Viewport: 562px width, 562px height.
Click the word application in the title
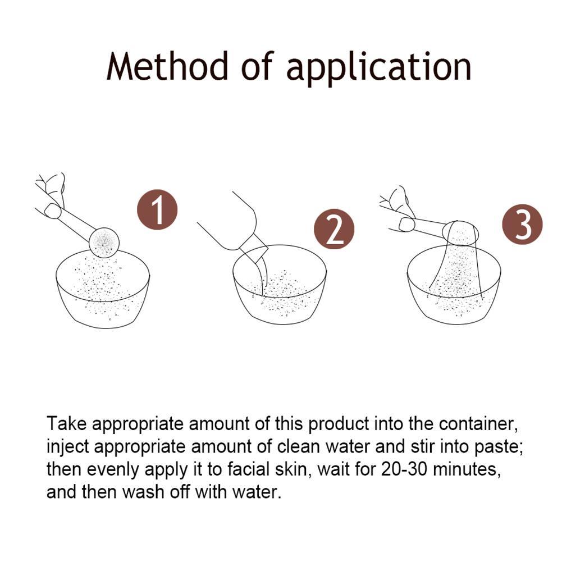(x=378, y=68)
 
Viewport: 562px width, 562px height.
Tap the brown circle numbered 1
(x=157, y=209)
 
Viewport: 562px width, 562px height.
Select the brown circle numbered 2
(x=334, y=229)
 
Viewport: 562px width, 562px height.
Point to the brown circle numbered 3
(x=523, y=225)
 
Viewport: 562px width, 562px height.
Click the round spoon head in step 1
(x=104, y=243)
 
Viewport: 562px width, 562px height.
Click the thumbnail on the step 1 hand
(x=52, y=211)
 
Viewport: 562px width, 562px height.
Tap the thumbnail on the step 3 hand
(x=406, y=225)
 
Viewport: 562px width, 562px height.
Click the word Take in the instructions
(x=67, y=423)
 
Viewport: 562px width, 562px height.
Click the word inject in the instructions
(x=68, y=447)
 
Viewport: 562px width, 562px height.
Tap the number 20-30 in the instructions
(x=404, y=469)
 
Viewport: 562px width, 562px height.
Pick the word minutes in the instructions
(x=467, y=470)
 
